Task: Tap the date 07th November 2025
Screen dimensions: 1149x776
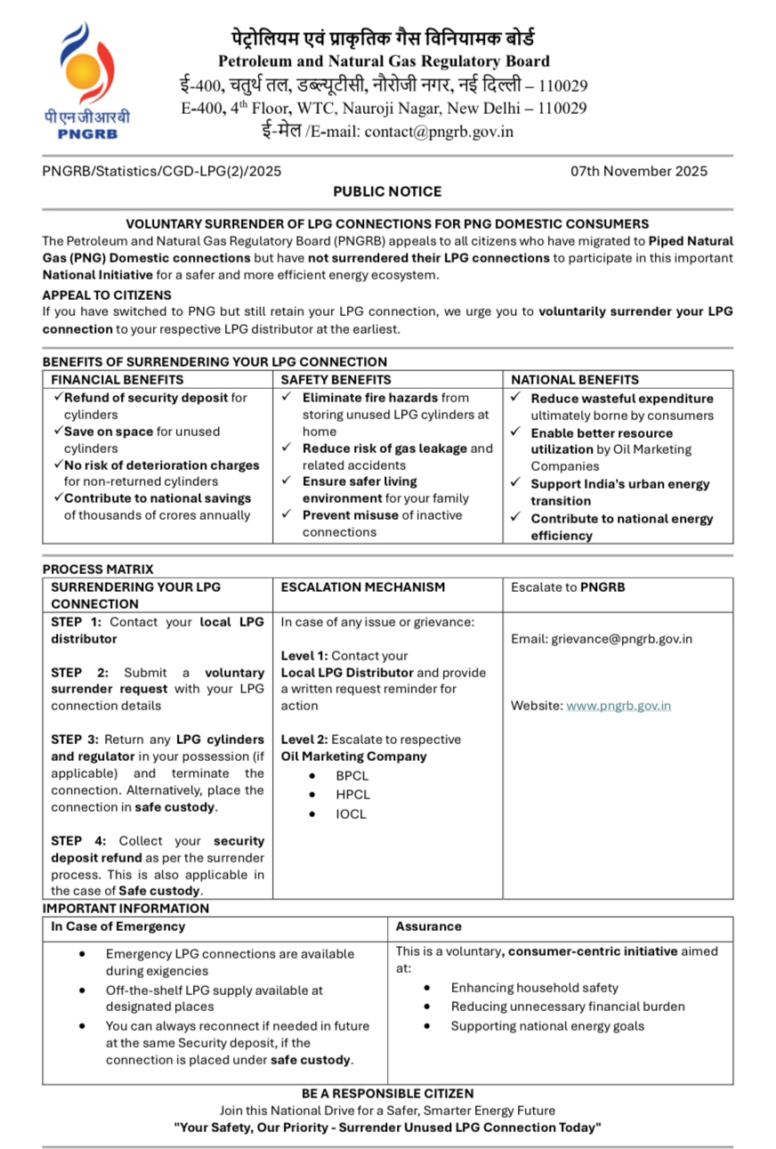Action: [639, 171]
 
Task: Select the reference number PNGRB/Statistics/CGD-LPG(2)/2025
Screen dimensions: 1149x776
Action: [162, 171]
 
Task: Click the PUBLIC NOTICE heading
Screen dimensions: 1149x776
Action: [387, 191]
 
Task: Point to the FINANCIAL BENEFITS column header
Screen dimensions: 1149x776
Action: [117, 379]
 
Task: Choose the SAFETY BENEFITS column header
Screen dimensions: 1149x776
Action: [335, 379]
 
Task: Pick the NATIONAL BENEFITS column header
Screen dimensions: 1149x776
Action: [574, 379]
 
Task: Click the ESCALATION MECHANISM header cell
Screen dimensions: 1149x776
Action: [363, 587]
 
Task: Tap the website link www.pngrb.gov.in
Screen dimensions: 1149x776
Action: [618, 706]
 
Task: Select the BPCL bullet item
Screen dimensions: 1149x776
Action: [352, 776]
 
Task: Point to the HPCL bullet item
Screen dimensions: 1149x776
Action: [352, 795]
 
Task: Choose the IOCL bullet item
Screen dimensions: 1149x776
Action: [351, 813]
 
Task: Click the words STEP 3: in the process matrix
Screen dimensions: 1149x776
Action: [76, 740]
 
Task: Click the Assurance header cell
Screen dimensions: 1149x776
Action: [428, 926]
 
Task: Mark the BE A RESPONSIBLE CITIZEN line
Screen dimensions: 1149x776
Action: [387, 1093]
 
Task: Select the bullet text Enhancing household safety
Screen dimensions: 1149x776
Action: [534, 988]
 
